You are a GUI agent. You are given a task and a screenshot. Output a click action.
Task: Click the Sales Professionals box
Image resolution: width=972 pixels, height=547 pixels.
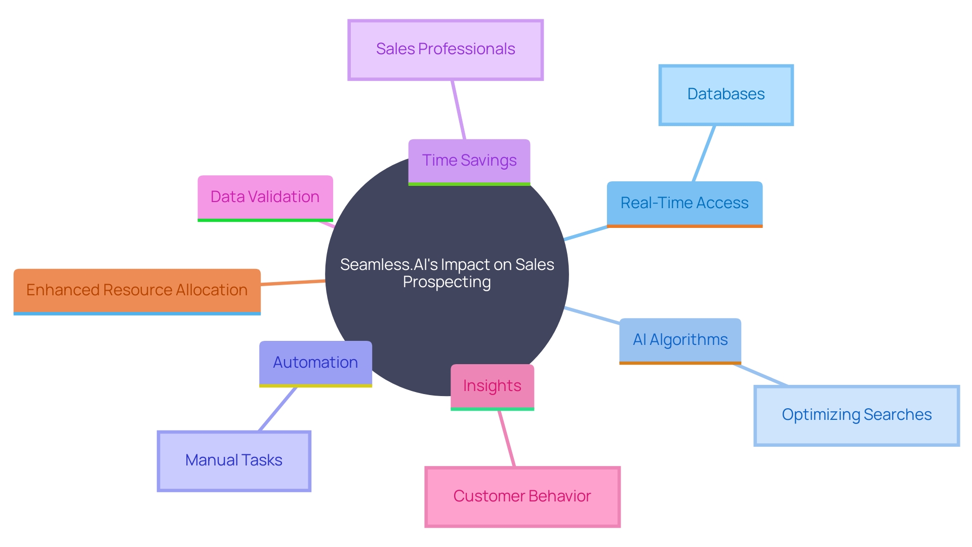445,50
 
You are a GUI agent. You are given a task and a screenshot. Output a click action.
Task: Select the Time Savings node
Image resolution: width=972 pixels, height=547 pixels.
469,161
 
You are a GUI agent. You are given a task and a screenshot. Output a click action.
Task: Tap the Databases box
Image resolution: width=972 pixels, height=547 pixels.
726,95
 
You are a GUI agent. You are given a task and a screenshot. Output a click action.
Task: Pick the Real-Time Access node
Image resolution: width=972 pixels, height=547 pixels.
684,203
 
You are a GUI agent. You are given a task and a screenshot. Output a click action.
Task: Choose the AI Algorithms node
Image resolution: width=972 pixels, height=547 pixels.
680,340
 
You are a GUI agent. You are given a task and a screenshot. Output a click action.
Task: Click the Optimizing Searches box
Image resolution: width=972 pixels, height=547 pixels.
857,415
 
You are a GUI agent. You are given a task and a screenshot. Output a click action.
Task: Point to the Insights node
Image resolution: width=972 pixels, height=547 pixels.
492,386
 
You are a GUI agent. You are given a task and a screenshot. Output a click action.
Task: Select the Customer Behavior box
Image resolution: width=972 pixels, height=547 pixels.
522,496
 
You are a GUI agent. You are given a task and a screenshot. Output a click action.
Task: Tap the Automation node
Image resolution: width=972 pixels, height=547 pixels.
315,363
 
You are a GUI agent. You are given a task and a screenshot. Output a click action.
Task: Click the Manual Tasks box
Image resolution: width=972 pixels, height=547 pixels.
234,460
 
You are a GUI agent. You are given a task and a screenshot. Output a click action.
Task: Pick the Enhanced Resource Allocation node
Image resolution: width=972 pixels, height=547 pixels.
137,290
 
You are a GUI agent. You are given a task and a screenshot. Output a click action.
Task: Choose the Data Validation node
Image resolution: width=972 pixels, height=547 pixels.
265,197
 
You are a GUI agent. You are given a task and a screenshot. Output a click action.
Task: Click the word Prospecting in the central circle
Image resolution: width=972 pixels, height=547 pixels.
447,282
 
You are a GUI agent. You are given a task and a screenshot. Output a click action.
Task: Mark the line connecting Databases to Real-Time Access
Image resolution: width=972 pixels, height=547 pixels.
704,153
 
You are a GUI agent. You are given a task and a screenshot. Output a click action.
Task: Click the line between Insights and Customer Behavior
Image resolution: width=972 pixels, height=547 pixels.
506,439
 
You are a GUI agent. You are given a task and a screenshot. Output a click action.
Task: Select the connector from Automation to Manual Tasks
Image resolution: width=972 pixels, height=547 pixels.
277,409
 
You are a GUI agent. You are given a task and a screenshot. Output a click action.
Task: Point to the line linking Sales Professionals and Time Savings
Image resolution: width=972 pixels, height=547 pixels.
458,109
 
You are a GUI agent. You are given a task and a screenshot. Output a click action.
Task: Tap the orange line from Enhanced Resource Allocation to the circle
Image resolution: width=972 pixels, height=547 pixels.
293,283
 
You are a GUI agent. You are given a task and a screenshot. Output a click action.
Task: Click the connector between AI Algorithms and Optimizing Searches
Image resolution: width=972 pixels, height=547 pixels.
760,375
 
